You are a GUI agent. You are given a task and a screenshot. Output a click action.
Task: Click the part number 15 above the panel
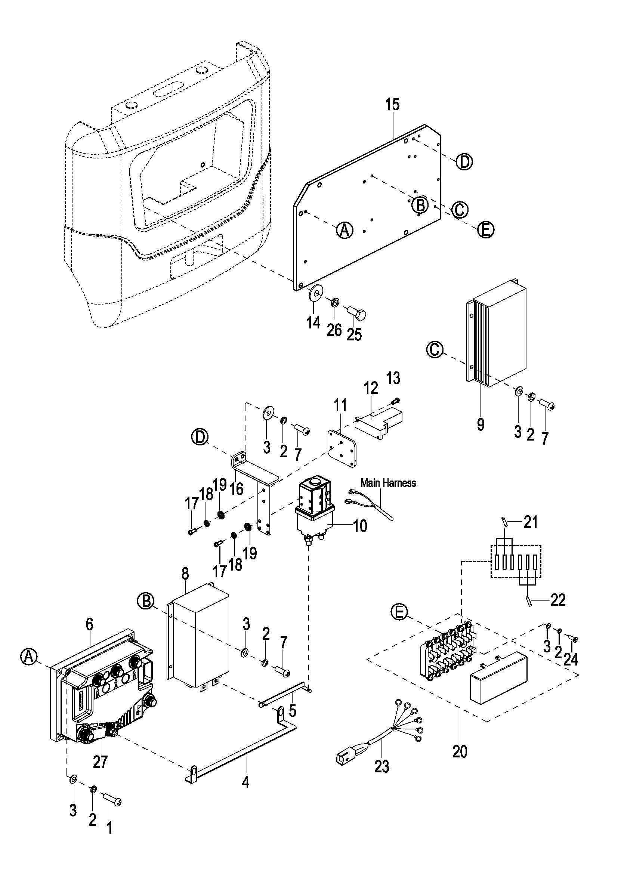tap(392, 104)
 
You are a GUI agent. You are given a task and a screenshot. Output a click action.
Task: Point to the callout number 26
tap(334, 330)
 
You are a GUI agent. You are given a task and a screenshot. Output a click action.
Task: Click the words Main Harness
tap(388, 483)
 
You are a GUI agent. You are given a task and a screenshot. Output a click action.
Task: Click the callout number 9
tap(481, 424)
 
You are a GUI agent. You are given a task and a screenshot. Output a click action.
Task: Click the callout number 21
tap(531, 522)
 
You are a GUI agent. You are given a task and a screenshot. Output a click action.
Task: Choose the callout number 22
tap(558, 600)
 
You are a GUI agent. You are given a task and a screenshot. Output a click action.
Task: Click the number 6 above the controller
tap(89, 624)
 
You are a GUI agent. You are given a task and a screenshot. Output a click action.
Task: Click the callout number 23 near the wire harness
tap(382, 767)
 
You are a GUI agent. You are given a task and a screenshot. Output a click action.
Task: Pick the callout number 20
tap(460, 751)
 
